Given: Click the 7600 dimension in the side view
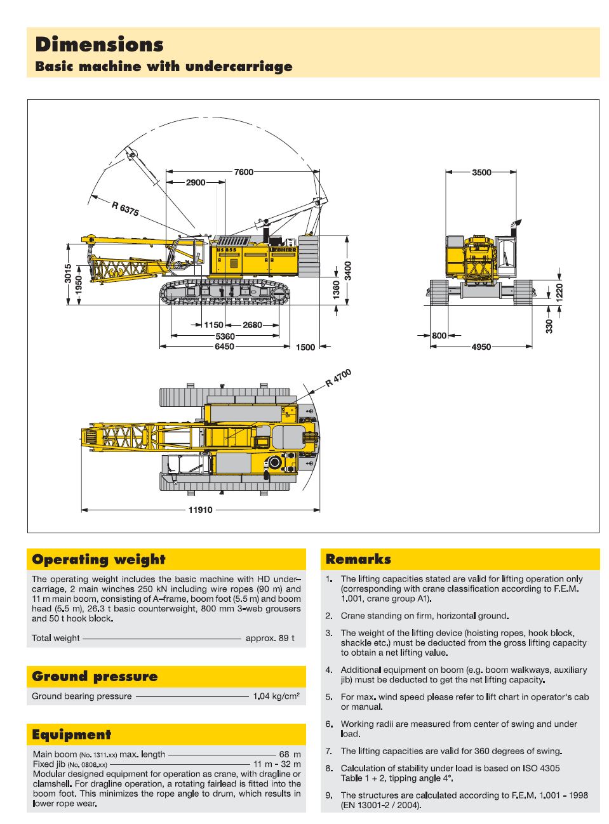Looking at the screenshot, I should (x=243, y=172).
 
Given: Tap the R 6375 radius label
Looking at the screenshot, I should (x=125, y=208).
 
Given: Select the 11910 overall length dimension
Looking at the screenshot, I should (x=200, y=510).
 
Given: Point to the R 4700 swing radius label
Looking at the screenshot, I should (x=338, y=378).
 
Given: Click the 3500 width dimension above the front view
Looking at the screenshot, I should (x=481, y=172).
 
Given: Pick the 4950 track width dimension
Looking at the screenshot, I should (x=481, y=347).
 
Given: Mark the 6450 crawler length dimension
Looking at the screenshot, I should (x=224, y=347).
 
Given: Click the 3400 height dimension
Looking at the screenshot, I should (x=348, y=270).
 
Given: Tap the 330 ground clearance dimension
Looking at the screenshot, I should (x=549, y=326).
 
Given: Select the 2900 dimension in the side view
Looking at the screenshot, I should (x=196, y=183).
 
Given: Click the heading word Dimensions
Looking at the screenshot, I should (x=100, y=44).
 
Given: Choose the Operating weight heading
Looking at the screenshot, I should (x=98, y=559).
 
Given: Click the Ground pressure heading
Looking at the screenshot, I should (x=95, y=676).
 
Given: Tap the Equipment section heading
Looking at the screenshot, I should (x=71, y=734).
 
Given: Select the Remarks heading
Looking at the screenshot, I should (x=358, y=559).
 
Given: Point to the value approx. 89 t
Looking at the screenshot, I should (x=270, y=638).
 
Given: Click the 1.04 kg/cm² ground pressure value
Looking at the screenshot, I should (x=276, y=696).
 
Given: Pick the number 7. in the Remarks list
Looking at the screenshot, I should (x=329, y=751).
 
